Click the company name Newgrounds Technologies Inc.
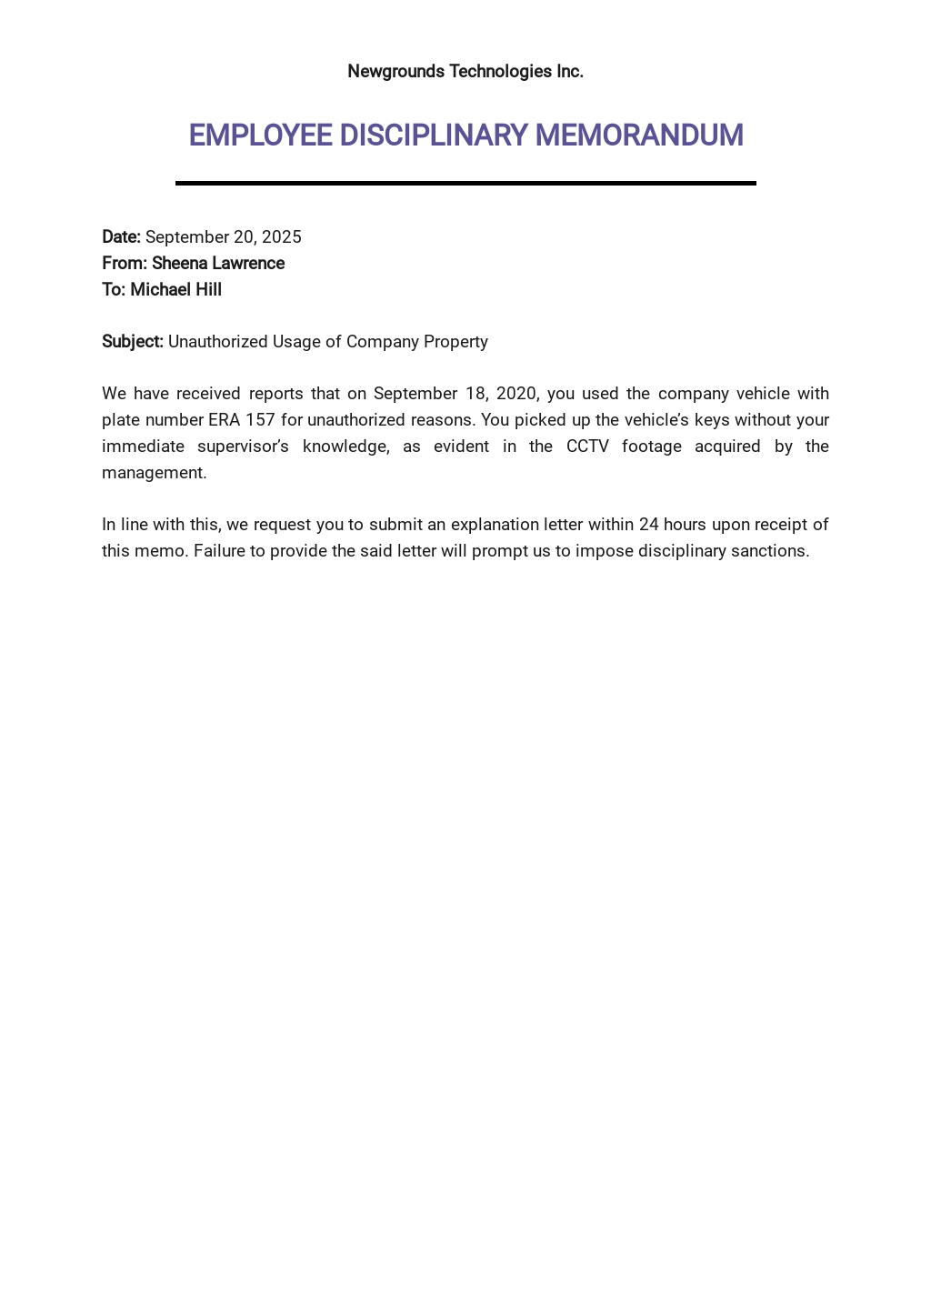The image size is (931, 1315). click(465, 71)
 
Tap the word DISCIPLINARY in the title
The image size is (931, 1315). click(433, 136)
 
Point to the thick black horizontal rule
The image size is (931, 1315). click(465, 183)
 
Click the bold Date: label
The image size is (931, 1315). click(121, 237)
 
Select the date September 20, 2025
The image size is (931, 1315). click(224, 237)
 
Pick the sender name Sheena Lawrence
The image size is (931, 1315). click(218, 264)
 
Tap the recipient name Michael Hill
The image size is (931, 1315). click(175, 290)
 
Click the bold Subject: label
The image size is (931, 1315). click(133, 342)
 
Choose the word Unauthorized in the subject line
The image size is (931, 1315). click(217, 342)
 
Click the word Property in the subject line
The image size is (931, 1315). click(455, 342)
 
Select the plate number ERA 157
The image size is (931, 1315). click(241, 420)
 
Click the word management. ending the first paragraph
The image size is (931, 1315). click(155, 473)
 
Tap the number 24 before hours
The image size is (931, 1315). click(648, 525)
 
